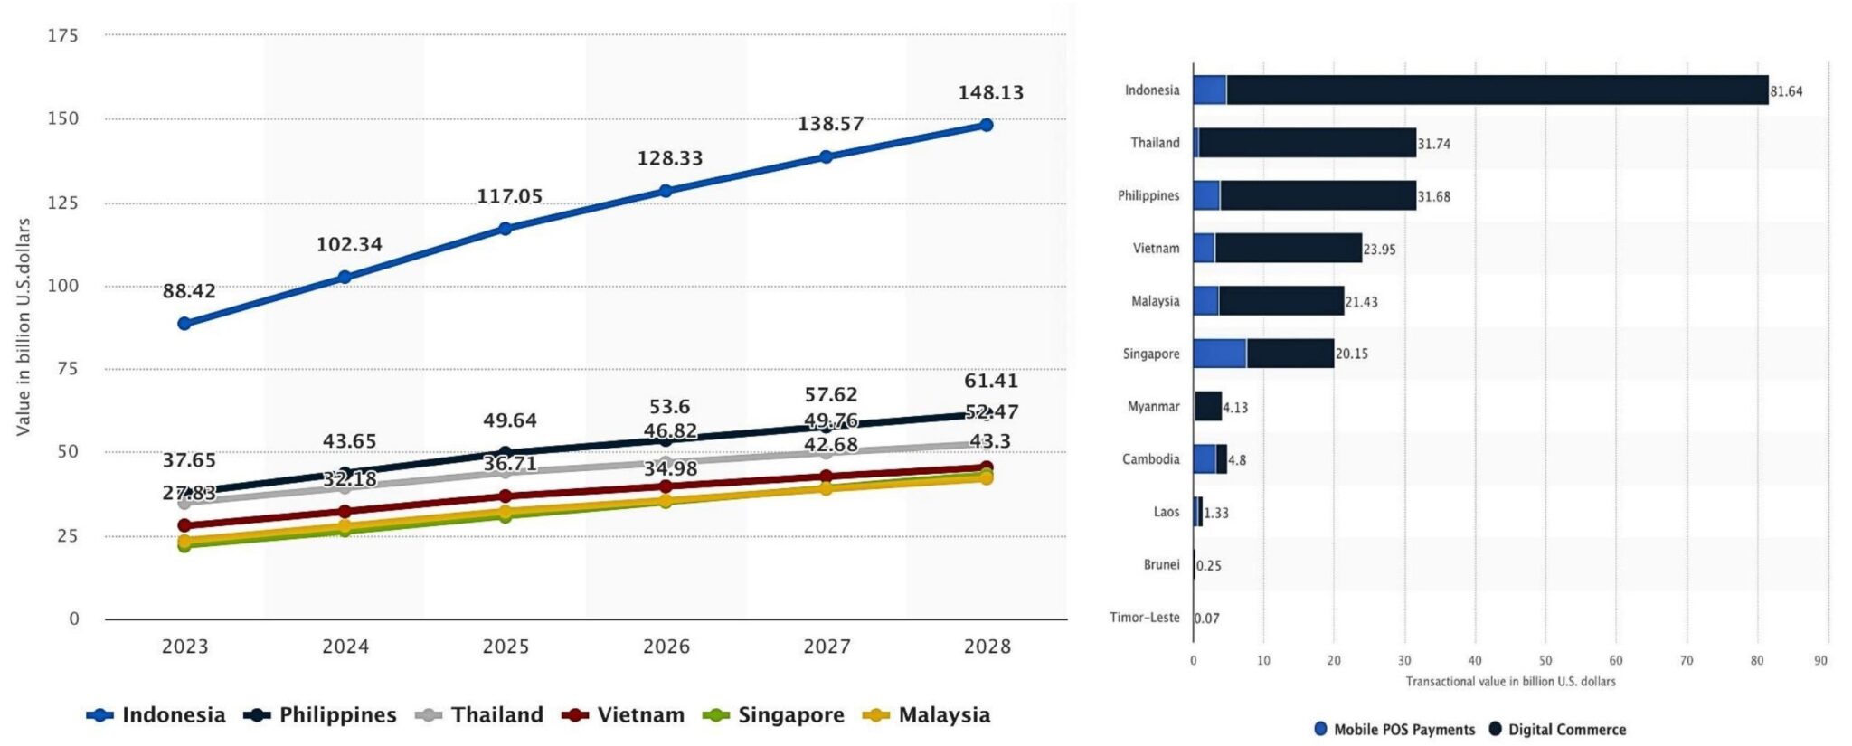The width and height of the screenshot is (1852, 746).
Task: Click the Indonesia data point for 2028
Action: click(986, 125)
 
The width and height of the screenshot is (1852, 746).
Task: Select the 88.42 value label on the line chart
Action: click(189, 291)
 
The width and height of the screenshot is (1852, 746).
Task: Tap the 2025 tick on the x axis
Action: click(506, 647)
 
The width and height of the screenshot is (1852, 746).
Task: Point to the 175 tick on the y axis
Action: click(62, 36)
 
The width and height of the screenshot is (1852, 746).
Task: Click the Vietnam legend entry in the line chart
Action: click(623, 715)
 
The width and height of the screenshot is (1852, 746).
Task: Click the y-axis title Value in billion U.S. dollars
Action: click(24, 326)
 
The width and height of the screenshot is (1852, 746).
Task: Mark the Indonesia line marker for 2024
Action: click(345, 277)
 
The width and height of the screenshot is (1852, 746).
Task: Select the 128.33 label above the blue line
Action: click(669, 158)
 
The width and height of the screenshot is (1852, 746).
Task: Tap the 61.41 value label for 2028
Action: click(990, 382)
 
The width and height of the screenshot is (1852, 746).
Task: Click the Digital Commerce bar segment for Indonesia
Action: click(1497, 90)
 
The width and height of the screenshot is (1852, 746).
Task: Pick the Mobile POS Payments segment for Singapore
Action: click(1219, 354)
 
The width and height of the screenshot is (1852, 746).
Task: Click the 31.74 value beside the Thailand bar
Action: click(1433, 144)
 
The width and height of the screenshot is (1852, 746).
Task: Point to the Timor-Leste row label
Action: click(1144, 618)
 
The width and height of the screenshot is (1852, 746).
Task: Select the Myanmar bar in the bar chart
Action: click(1208, 406)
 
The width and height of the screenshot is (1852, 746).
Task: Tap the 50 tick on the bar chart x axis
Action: click(1545, 661)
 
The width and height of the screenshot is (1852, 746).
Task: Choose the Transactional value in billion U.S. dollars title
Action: click(1510, 682)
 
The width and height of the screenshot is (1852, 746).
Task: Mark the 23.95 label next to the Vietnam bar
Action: click(1379, 250)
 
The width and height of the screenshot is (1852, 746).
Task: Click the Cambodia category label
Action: click(1150, 459)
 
